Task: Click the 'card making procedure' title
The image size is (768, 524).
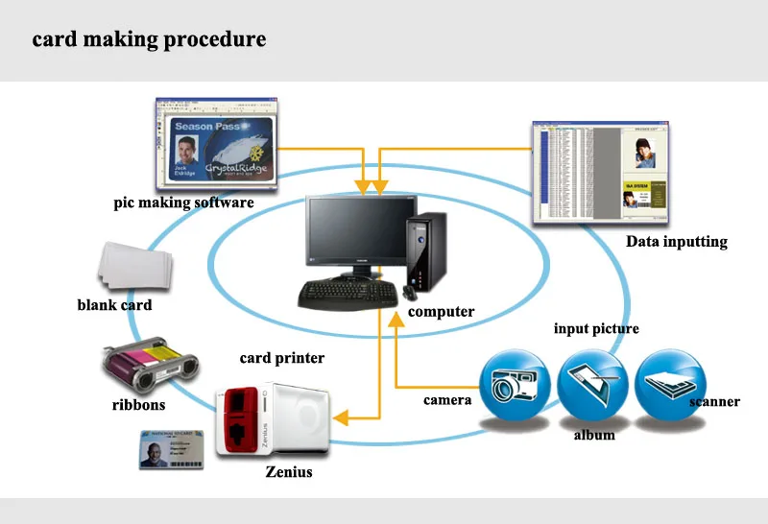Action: click(149, 40)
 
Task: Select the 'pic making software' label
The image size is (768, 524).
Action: click(183, 202)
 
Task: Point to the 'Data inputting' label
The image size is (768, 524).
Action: click(676, 242)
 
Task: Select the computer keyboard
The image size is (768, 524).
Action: click(347, 294)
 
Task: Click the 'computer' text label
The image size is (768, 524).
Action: click(441, 312)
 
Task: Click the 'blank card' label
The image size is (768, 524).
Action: click(114, 305)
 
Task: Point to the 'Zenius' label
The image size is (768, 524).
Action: click(288, 472)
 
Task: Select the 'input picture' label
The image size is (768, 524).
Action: click(596, 329)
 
